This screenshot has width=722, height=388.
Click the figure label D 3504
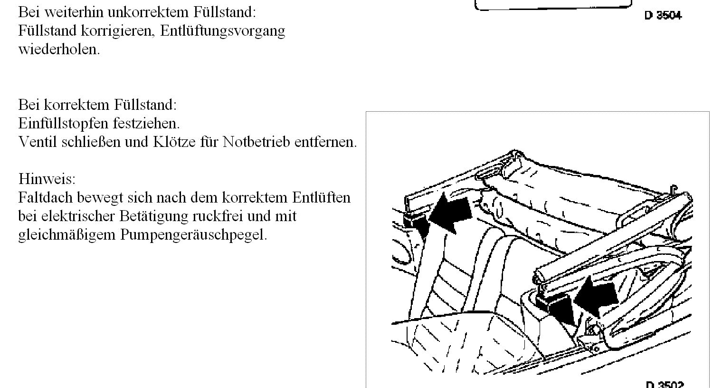(x=663, y=15)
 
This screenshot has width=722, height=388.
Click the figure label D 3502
(x=665, y=384)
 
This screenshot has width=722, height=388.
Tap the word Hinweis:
(x=47, y=179)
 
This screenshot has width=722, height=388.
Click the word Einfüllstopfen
(x=63, y=123)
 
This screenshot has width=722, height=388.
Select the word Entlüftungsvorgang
(x=222, y=31)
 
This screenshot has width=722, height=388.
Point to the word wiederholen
(x=59, y=49)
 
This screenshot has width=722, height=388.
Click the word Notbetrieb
(x=256, y=142)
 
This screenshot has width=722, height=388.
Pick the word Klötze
(x=174, y=142)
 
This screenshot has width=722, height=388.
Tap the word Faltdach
(x=46, y=197)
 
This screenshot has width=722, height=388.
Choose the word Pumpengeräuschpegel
(x=194, y=235)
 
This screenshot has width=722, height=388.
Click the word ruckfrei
(x=218, y=216)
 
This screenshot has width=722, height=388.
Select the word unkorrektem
(x=148, y=12)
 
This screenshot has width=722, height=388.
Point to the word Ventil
(x=38, y=142)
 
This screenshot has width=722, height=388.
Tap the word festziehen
(x=146, y=123)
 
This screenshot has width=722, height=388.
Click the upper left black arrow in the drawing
(x=450, y=213)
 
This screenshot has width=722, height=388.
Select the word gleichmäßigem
(x=66, y=235)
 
